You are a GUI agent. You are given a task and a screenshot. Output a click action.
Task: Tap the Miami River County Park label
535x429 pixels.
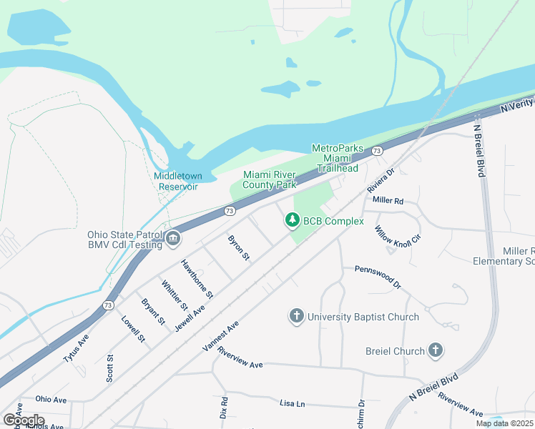point(270,179)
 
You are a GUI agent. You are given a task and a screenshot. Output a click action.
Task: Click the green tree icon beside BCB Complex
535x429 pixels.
point(292,221)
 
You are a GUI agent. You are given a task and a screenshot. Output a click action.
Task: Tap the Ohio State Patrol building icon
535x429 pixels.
point(173,240)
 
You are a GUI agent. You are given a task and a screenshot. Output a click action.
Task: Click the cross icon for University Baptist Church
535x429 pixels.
point(297,315)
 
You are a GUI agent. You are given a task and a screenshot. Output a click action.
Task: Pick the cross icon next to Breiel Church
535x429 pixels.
point(435,350)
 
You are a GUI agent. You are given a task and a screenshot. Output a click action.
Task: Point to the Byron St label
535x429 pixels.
point(239,247)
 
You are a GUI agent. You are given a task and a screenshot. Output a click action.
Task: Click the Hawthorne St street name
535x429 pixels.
point(197,279)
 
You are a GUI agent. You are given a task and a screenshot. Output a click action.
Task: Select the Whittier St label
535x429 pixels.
point(175,295)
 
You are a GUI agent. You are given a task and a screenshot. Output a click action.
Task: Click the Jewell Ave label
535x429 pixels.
point(190,317)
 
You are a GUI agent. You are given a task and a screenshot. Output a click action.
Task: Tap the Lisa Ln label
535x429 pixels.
point(293,403)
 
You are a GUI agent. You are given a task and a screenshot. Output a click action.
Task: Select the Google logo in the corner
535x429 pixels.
point(24,420)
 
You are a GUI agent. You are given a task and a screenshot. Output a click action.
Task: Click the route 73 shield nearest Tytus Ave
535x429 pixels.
point(107,305)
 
